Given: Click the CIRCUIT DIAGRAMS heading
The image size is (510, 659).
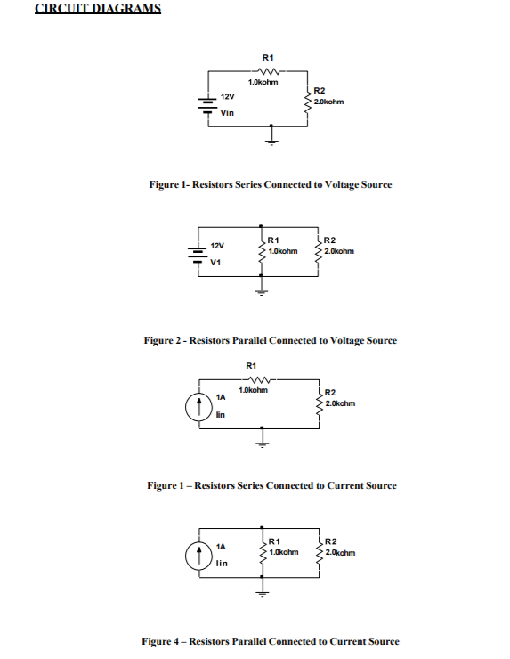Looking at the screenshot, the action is (98, 8).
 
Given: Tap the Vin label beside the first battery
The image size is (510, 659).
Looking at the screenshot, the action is (227, 112).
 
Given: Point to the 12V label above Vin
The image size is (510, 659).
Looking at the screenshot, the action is (227, 97).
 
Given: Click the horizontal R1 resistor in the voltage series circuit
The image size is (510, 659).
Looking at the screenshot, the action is (268, 71).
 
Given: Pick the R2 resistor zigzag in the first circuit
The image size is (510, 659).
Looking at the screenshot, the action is (308, 102).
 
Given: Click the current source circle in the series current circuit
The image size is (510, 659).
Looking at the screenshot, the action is (198, 407).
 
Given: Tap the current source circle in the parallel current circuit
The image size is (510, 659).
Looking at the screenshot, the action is (198, 556).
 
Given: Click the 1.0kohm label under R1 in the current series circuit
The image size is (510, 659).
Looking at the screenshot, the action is (253, 390).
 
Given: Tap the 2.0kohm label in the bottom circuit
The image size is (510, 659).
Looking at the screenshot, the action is (340, 553).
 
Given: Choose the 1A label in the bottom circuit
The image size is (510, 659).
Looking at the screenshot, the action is (221, 547).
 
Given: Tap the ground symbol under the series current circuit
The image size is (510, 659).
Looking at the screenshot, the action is (263, 437).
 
